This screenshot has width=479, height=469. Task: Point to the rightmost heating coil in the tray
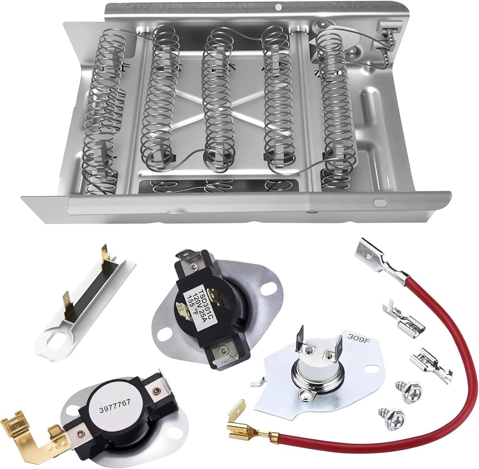pyautogui.click(x=335, y=105)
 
